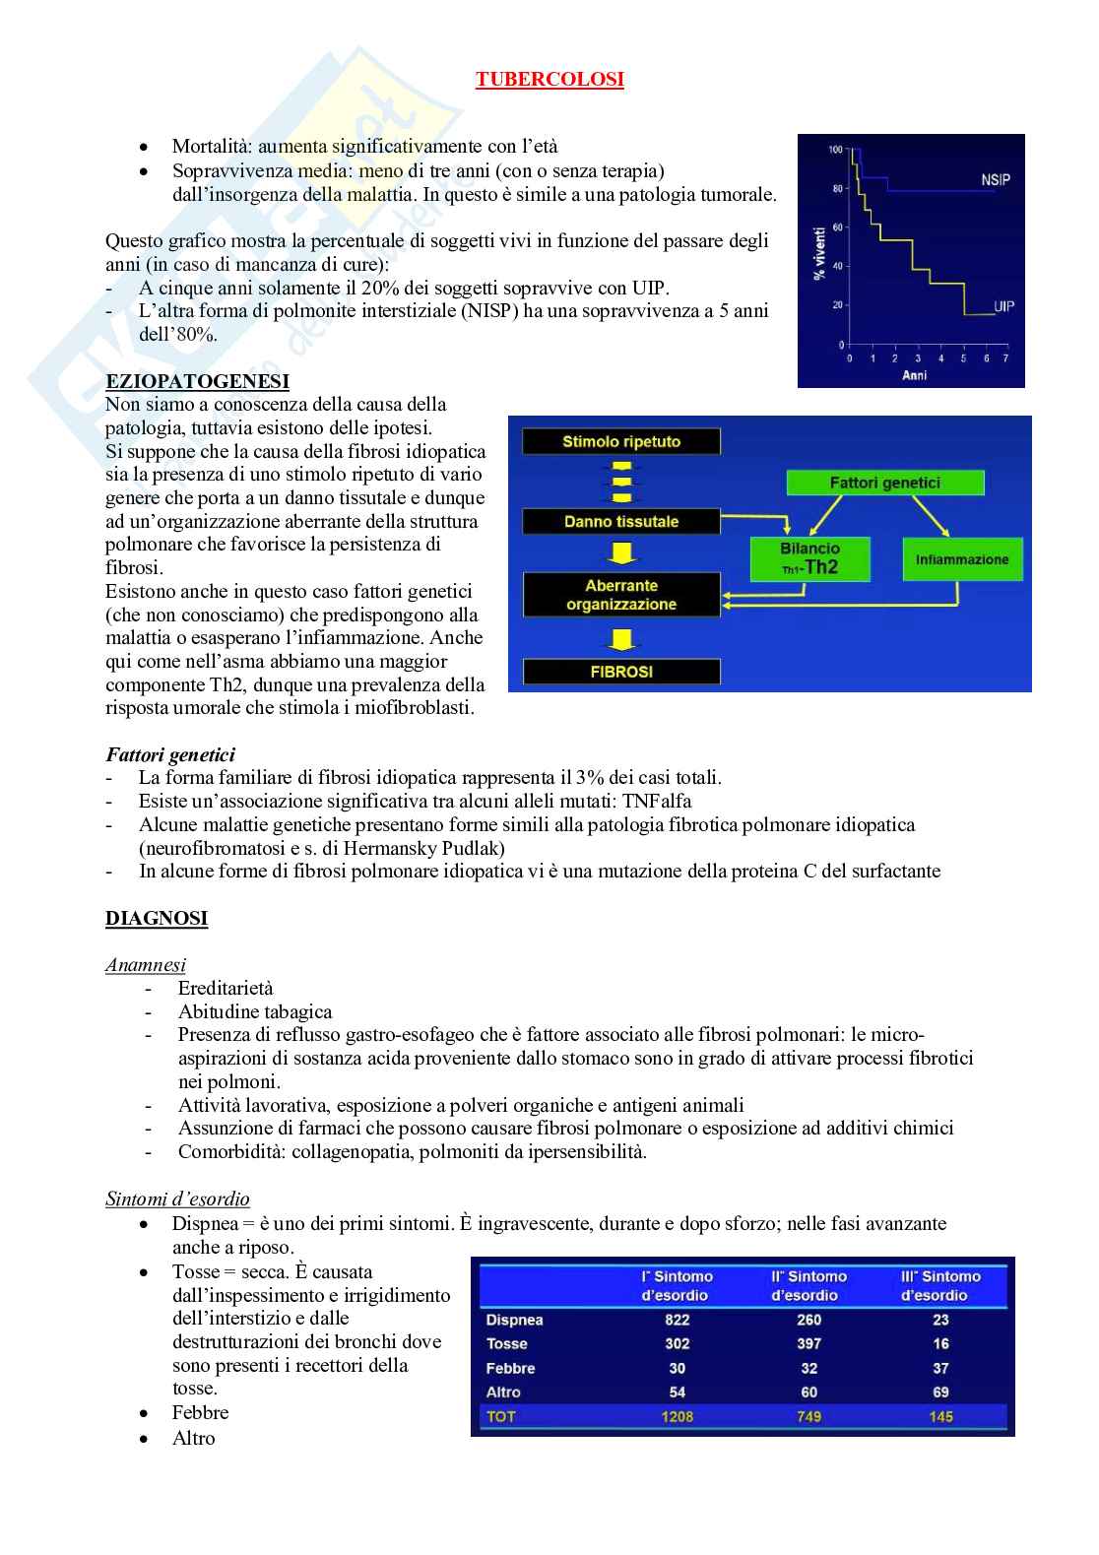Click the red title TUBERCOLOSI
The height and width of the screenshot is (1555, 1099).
point(549,80)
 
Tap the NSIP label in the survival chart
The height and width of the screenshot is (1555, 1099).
point(995,179)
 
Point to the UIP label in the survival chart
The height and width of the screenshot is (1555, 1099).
point(1003,306)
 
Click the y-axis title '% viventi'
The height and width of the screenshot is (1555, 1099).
point(819,251)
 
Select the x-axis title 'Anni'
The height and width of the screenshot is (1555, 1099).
point(915,375)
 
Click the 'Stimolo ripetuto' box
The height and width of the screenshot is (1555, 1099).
point(621,442)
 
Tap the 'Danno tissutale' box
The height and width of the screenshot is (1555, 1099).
point(621,522)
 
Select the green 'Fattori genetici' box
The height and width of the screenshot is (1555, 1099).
point(884,483)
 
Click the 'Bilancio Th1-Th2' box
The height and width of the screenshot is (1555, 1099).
point(809,558)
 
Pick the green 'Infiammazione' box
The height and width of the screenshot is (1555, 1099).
point(962,559)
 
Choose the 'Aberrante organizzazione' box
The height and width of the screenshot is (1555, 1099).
point(621,595)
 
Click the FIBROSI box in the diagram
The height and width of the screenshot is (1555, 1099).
point(621,672)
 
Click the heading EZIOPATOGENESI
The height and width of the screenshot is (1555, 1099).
point(197,381)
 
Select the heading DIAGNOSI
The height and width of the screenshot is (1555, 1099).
point(157,919)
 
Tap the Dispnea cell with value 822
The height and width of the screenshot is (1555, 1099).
point(678,1320)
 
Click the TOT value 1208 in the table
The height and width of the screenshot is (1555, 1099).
point(678,1416)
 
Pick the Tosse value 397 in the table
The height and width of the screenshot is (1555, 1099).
point(809,1343)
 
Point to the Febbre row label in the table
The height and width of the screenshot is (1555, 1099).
point(510,1368)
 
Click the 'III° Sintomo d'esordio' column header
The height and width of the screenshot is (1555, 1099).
point(940,1285)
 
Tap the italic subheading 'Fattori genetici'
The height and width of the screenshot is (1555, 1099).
point(170,755)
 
